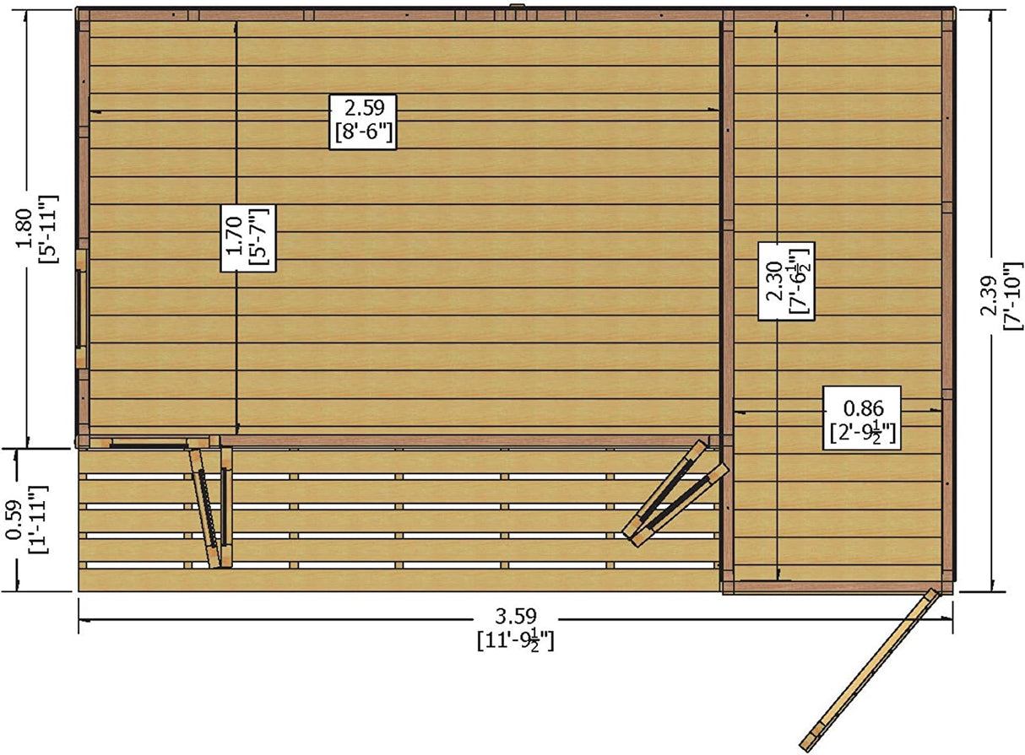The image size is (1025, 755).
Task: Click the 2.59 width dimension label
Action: [362, 108]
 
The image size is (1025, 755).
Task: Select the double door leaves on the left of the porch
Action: [210, 507]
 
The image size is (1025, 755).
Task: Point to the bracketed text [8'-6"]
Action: [362, 133]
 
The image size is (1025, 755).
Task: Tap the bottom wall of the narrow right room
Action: [836, 586]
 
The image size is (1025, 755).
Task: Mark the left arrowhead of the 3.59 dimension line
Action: [83, 620]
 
